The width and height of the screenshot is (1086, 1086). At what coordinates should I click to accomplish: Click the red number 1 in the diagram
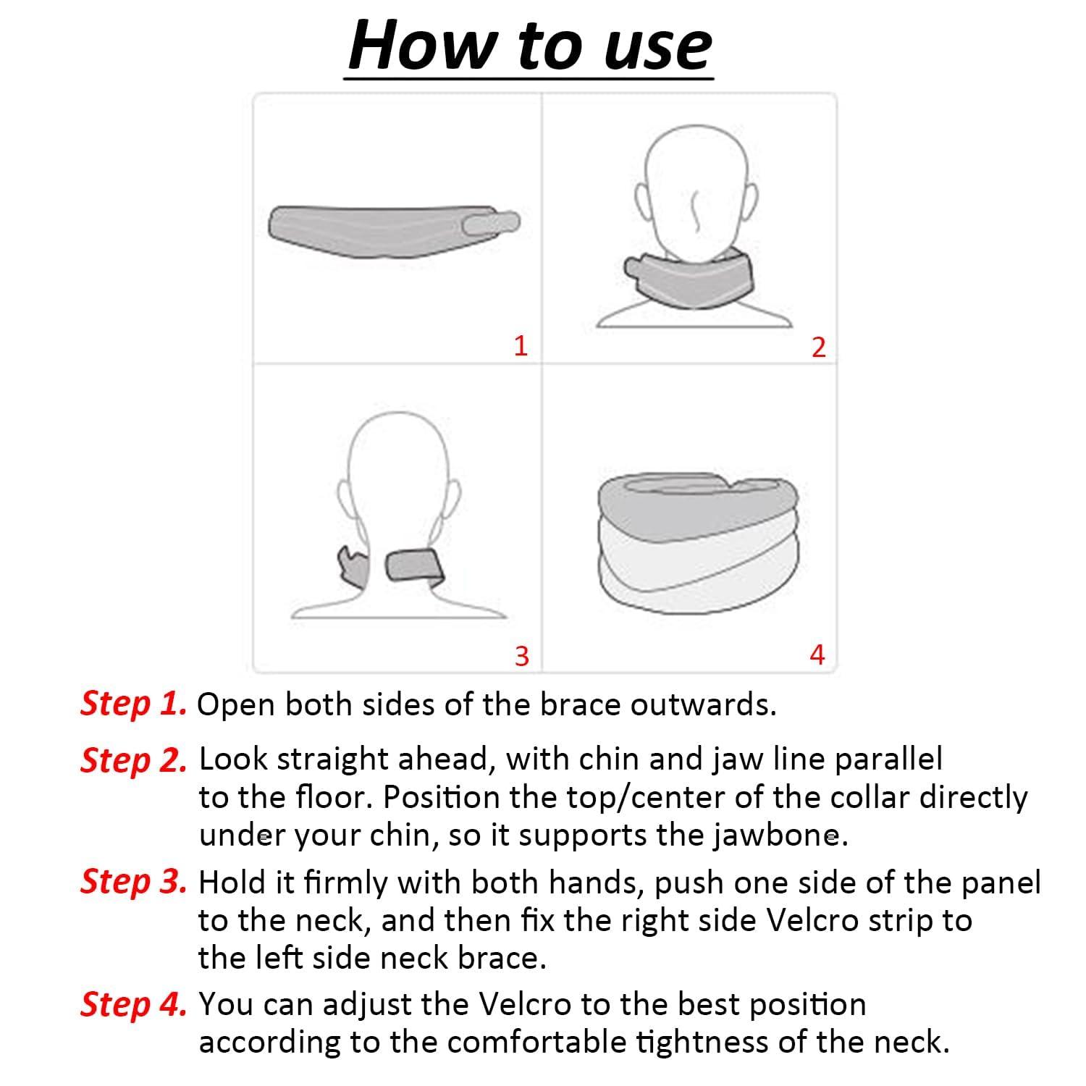(x=520, y=345)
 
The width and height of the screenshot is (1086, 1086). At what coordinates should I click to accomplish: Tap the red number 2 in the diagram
(x=818, y=348)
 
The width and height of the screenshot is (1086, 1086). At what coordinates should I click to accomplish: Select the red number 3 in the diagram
(x=521, y=656)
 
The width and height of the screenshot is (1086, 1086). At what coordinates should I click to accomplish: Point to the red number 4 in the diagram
(x=817, y=654)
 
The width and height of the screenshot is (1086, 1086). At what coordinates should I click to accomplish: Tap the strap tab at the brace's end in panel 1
(x=491, y=223)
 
